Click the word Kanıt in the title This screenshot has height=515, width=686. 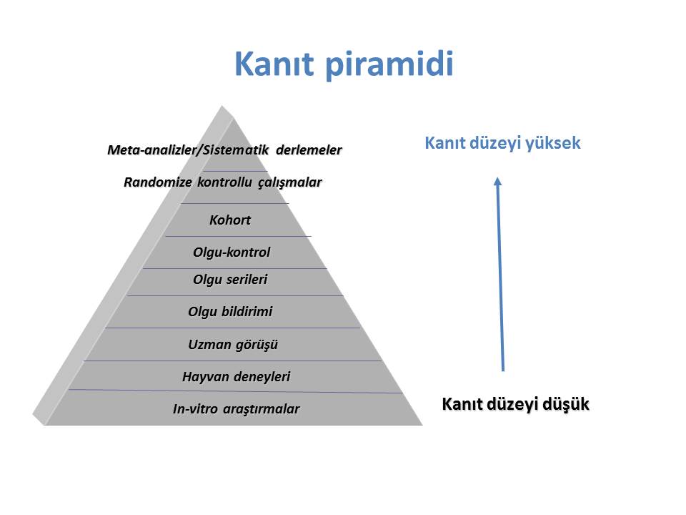[x=274, y=64]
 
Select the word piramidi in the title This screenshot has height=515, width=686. [x=389, y=65]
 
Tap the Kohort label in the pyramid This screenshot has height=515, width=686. [x=230, y=220]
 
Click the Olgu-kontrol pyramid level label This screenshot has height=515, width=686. [x=232, y=252]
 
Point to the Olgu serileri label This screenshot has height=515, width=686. [x=230, y=280]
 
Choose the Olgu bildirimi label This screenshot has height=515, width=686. [x=230, y=312]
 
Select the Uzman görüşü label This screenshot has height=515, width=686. [x=233, y=345]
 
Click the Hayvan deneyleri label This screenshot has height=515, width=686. [x=237, y=377]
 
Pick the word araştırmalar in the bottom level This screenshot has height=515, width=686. [x=262, y=409]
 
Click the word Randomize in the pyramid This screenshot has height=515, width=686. [x=158, y=182]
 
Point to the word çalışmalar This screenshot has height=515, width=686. [x=289, y=182]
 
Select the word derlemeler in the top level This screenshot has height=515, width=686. [x=309, y=150]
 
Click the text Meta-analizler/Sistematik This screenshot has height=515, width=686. [x=188, y=150]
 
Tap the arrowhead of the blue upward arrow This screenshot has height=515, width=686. [x=497, y=180]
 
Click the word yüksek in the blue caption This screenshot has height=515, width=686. [x=553, y=143]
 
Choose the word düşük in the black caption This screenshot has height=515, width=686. [x=566, y=404]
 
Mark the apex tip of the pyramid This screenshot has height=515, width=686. [x=222, y=106]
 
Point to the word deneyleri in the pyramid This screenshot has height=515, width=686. [x=263, y=377]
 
